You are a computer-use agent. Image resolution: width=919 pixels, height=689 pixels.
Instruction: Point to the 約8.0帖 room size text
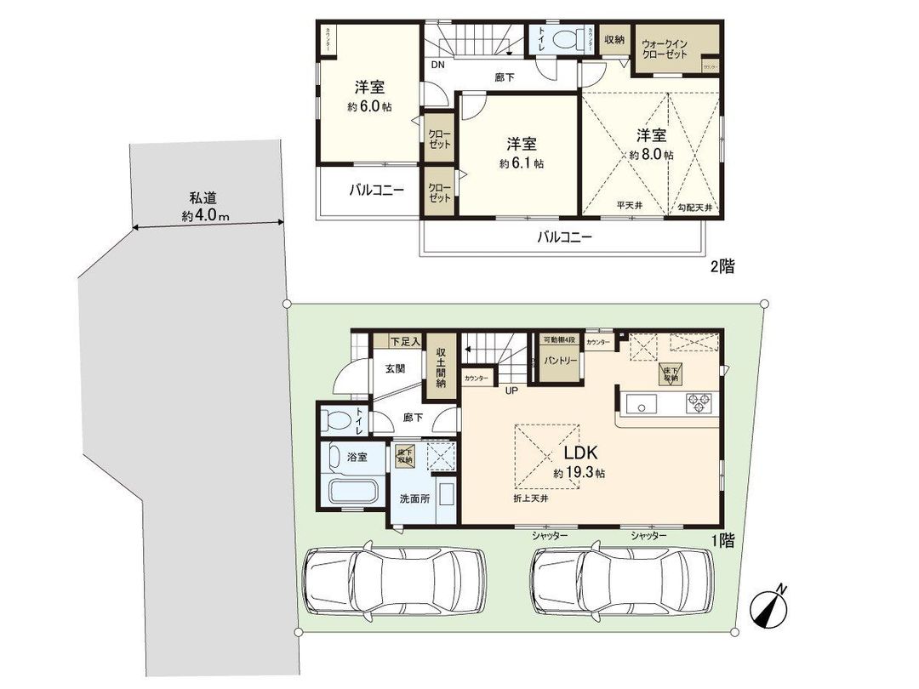tap(652, 155)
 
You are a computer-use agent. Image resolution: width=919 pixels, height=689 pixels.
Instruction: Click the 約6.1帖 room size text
tap(521, 162)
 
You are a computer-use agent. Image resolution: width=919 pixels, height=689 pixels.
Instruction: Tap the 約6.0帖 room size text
tap(369, 107)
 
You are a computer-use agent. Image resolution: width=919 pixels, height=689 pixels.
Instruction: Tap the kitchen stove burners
tap(699, 402)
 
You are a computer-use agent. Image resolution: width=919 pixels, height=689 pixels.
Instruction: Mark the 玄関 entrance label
tap(394, 369)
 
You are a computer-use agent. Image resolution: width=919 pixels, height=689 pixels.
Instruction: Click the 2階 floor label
tap(722, 266)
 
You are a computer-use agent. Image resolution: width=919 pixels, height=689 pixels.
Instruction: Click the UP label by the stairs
tap(512, 390)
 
